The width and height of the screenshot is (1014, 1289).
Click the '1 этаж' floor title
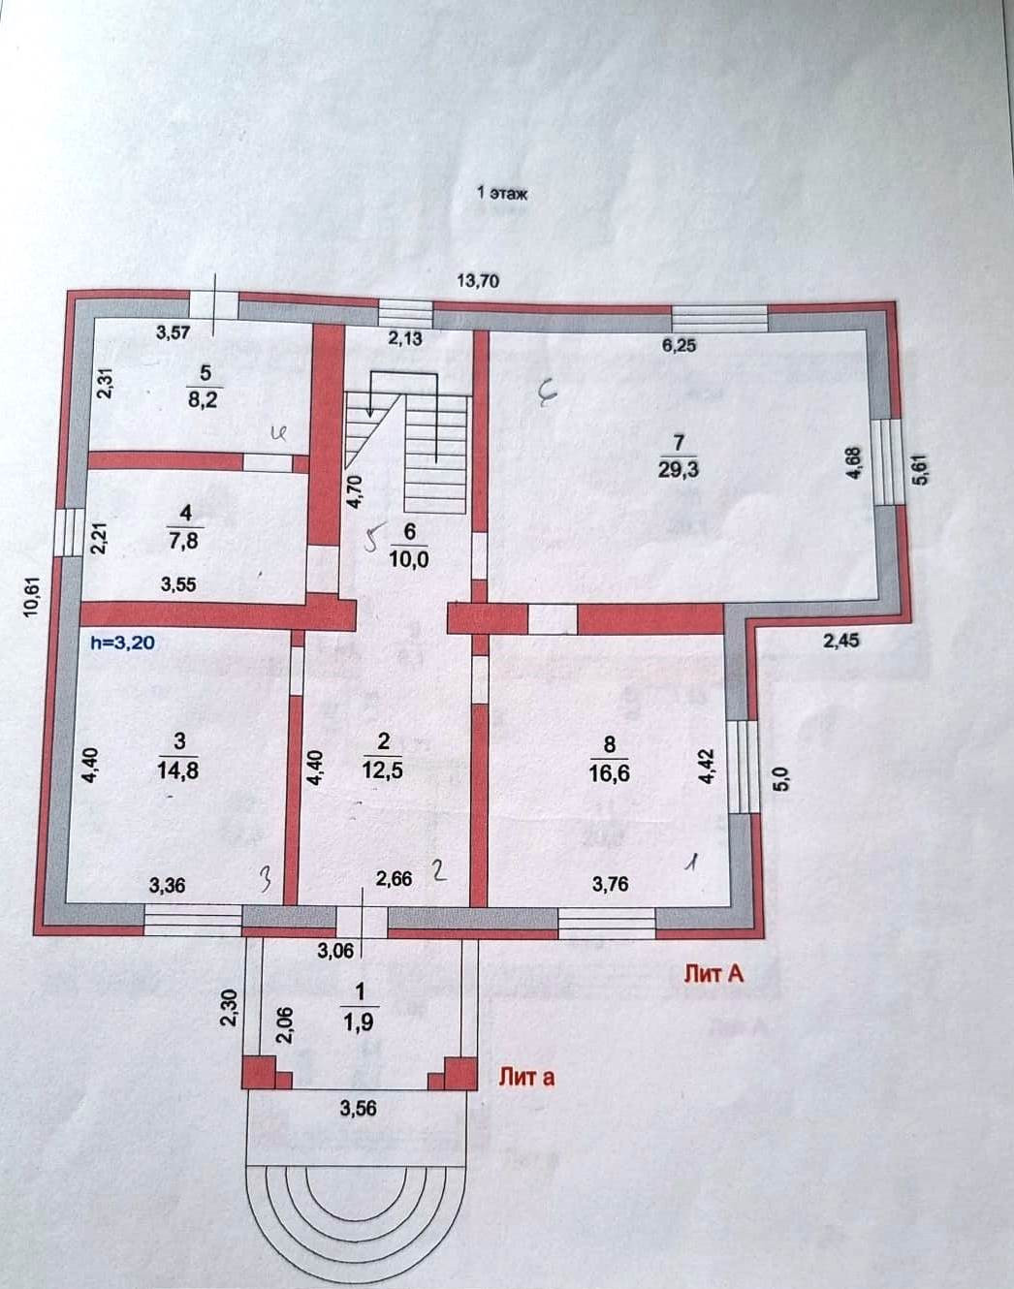(x=502, y=193)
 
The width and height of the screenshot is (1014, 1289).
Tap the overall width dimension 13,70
(x=477, y=281)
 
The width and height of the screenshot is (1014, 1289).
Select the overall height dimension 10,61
(x=31, y=597)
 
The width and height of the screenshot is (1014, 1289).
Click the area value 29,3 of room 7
(x=679, y=469)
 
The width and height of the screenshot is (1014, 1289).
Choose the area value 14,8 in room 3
(x=179, y=770)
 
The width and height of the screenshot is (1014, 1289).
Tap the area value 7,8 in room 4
(x=184, y=541)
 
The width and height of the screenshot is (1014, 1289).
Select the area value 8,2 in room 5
(x=205, y=399)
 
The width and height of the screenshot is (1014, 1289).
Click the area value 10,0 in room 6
(x=408, y=559)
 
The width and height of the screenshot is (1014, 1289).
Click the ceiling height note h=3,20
(x=121, y=641)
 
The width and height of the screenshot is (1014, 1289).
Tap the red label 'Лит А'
(x=713, y=974)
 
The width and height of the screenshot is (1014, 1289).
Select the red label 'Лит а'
(x=526, y=1076)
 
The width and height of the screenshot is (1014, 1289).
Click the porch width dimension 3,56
(x=358, y=1109)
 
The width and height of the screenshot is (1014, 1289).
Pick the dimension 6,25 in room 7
(x=679, y=345)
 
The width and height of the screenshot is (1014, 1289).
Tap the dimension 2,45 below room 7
(x=840, y=640)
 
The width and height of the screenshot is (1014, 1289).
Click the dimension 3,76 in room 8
(x=610, y=883)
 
